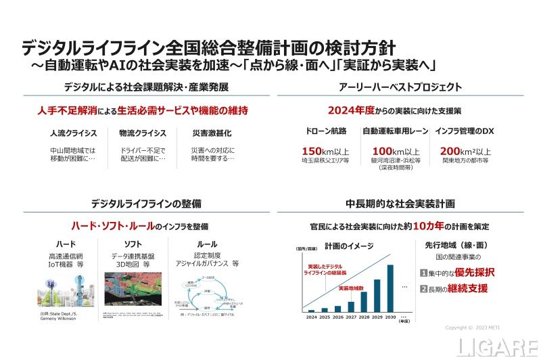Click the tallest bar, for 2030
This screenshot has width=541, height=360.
(x=390, y=286)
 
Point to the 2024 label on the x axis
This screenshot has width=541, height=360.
(x=311, y=317)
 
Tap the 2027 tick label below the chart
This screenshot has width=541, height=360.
(x=350, y=317)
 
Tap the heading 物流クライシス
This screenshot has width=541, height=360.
(x=137, y=133)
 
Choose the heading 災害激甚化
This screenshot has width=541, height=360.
(x=204, y=133)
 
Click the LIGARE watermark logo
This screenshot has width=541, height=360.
(x=497, y=347)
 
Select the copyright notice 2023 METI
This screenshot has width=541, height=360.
(x=475, y=328)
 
